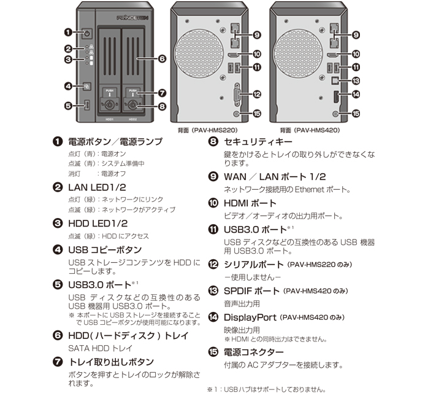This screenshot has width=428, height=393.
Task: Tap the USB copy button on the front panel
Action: tap(86, 86)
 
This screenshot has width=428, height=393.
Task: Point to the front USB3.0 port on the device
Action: tap(86, 106)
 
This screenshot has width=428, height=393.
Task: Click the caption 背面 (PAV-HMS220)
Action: tap(205, 130)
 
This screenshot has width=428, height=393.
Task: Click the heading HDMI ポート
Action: tap(250, 203)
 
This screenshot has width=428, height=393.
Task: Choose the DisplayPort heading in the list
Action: tap(250, 317)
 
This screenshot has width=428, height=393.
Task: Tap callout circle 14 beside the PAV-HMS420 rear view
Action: tap(355, 95)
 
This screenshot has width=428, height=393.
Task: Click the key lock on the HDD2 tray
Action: tap(132, 105)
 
